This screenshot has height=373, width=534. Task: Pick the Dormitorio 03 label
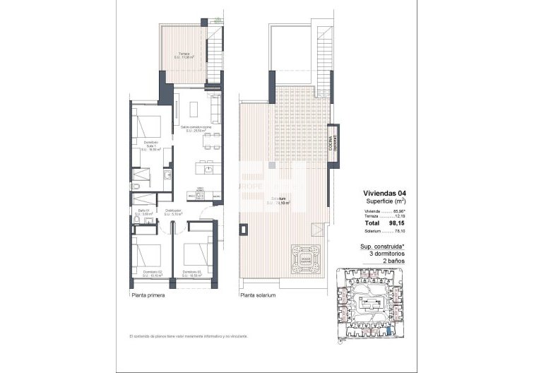[x=192, y=273]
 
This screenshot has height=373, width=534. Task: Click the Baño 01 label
[x=143, y=213]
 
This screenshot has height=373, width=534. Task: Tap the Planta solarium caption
[x=258, y=295]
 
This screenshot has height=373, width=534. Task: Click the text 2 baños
[x=388, y=261]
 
